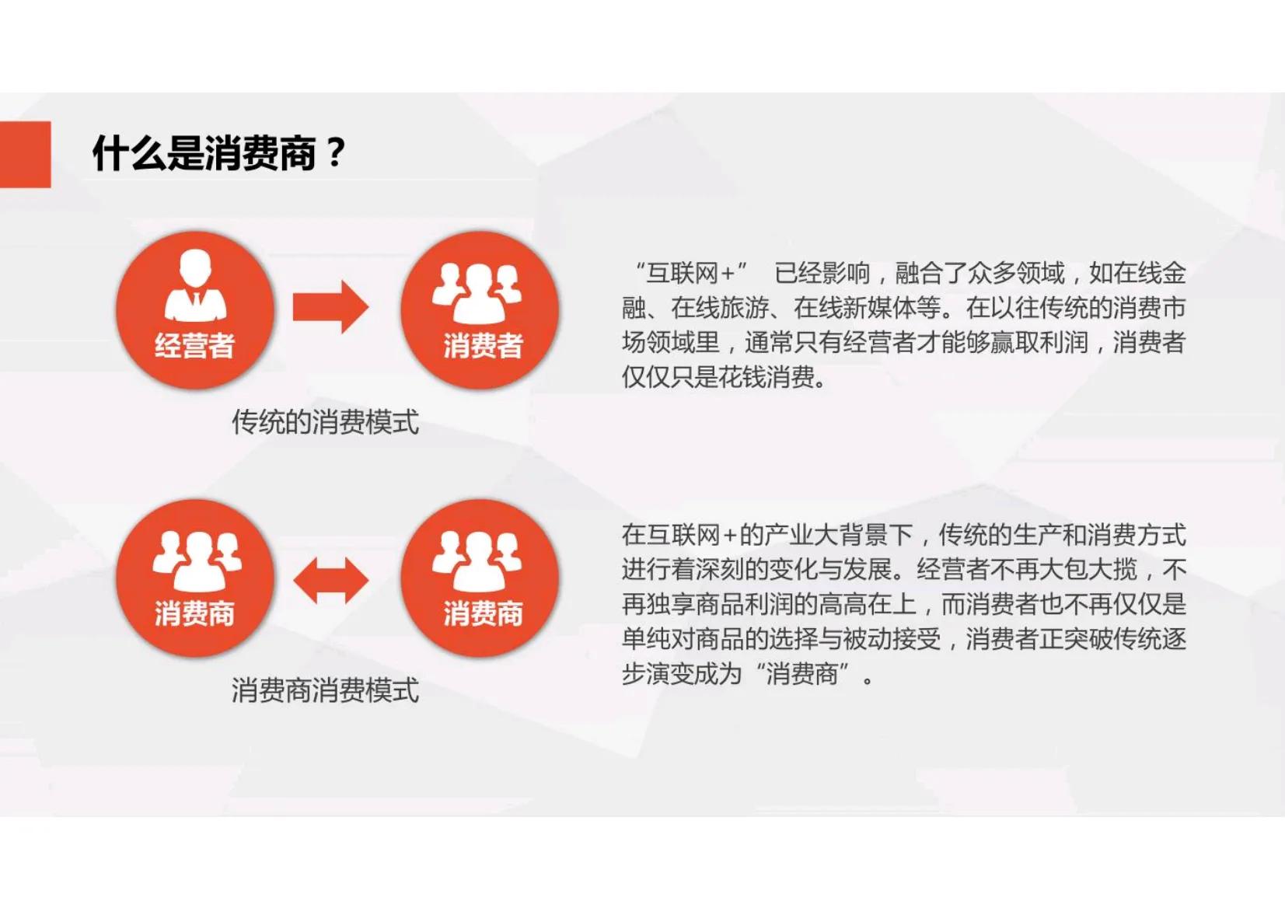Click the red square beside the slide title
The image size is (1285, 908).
[x=25, y=154]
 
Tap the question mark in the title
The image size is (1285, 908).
[x=335, y=152]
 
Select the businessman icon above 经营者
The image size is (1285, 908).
[x=195, y=285]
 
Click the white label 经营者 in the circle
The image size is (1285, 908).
[x=194, y=346]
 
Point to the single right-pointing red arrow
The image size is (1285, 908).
[x=330, y=307]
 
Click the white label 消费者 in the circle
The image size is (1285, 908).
[x=483, y=346]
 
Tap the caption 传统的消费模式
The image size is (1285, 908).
[x=325, y=422]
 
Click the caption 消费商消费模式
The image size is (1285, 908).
[x=325, y=690]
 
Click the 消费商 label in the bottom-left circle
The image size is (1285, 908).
[x=194, y=614]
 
